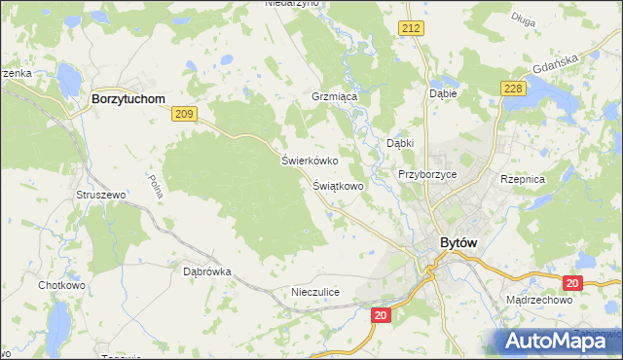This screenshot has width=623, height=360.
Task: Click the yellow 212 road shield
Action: [x=410, y=29]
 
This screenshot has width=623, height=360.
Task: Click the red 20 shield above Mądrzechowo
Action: [x=571, y=282]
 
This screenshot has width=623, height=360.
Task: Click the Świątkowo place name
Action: [x=338, y=185]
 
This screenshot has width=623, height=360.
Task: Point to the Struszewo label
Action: [x=101, y=195]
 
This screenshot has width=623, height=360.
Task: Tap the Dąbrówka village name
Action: [x=206, y=272]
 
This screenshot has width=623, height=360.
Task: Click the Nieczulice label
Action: [x=314, y=292]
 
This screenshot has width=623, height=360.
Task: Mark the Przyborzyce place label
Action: [x=427, y=174]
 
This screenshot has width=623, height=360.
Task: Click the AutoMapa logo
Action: [x=556, y=341]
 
